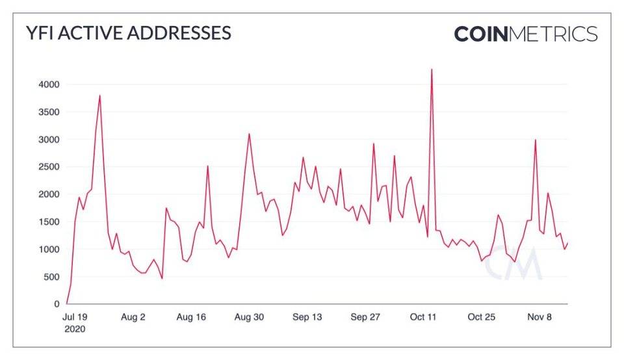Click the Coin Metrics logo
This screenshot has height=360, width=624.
click(525, 34)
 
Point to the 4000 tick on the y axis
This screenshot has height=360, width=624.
click(49, 84)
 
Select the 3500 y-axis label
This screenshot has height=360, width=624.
click(49, 112)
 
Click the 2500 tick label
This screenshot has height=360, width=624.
click(49, 167)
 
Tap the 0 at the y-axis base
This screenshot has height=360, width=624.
click(58, 304)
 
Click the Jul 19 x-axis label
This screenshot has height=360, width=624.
click(75, 317)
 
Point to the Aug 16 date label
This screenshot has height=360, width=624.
click(191, 317)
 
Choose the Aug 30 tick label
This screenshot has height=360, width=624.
click(249, 317)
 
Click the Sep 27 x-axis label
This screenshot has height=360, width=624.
click(365, 317)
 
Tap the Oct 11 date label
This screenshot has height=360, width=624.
click(423, 317)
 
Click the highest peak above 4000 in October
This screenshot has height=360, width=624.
click(432, 70)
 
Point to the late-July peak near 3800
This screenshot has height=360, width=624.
click(99, 96)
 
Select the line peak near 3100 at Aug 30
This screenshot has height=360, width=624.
click(249, 135)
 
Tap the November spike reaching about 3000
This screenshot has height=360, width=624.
click(536, 140)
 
